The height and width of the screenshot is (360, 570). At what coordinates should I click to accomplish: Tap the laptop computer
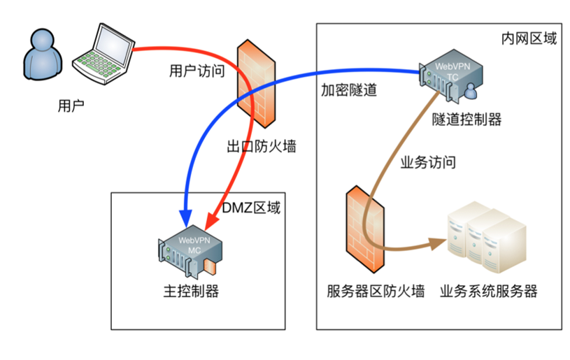click(104, 54)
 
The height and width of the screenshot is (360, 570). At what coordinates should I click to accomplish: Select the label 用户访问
click(197, 71)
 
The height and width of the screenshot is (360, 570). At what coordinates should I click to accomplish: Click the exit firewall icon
click(256, 84)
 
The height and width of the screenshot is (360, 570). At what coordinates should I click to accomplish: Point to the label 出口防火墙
click(262, 146)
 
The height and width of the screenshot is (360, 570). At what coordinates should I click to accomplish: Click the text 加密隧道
click(348, 89)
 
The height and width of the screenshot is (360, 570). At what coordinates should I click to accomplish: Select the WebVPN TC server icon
click(451, 76)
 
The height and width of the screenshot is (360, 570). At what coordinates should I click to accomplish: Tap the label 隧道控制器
click(466, 119)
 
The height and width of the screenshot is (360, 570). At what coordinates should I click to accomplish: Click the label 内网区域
click(529, 38)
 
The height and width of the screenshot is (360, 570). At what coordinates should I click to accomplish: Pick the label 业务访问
click(428, 162)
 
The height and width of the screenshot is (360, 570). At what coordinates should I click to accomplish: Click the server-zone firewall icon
click(365, 229)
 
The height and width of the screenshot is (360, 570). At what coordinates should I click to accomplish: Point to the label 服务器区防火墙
click(376, 291)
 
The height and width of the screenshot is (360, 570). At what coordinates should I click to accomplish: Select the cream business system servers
click(487, 237)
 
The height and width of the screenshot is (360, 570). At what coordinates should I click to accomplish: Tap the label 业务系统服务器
click(489, 291)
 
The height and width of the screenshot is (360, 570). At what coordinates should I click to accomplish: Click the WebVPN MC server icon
click(190, 252)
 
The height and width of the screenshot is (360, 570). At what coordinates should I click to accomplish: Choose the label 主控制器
click(191, 291)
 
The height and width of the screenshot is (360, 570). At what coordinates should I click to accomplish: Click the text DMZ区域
click(251, 208)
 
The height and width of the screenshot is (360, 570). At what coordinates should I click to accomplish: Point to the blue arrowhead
click(186, 218)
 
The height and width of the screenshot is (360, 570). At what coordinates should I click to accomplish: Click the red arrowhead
click(212, 221)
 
